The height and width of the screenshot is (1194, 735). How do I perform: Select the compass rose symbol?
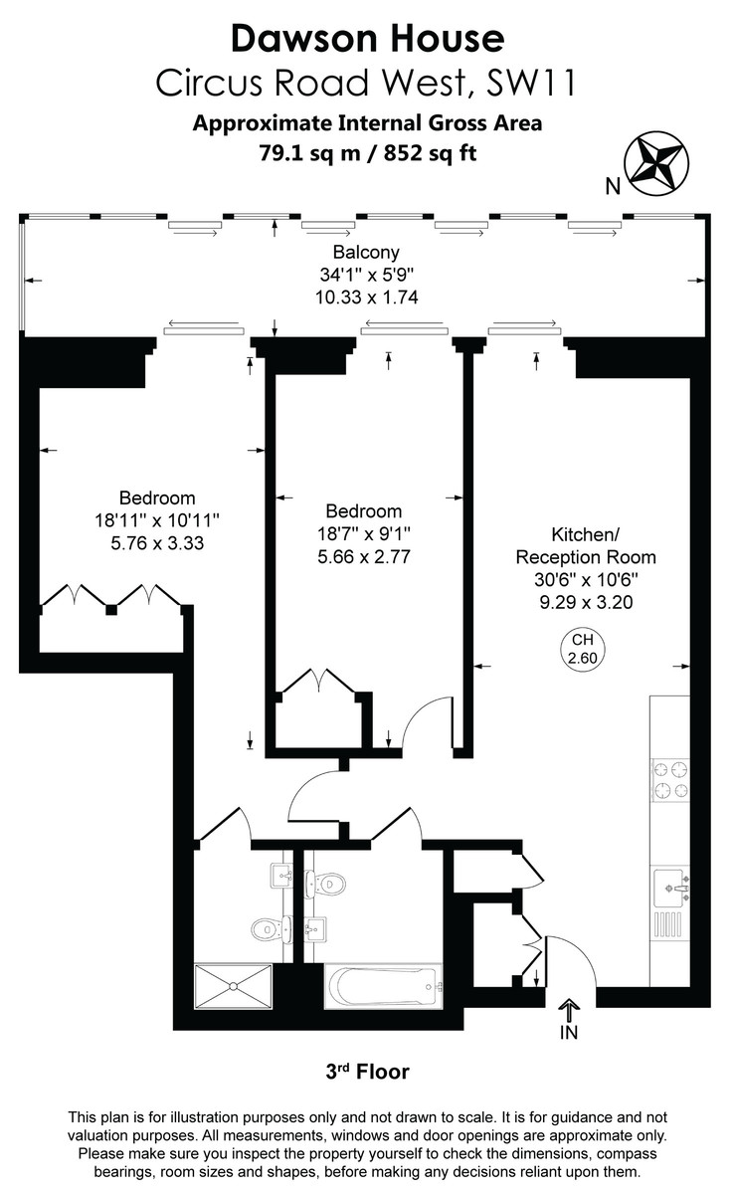656,161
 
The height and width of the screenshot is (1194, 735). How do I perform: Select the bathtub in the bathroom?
383,988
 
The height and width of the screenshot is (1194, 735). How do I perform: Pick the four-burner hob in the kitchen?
669,779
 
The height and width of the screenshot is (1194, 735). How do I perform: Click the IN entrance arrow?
569,1019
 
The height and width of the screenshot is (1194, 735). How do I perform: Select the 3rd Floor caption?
367,1072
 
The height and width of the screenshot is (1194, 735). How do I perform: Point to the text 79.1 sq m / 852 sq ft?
367,153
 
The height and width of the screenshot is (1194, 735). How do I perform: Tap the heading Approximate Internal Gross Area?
367,124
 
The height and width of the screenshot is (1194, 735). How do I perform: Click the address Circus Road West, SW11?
367,84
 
